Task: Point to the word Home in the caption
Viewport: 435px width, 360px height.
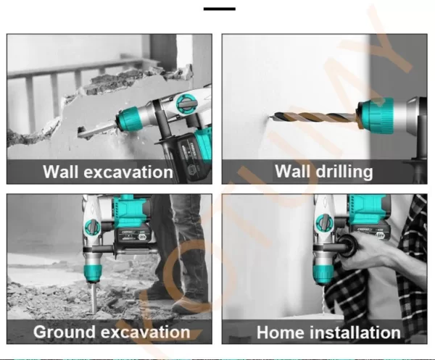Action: (281, 332)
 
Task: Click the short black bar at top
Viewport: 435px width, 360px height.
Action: (220, 9)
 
